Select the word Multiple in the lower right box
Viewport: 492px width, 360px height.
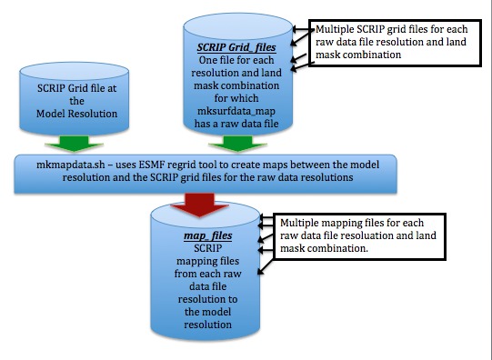(x=303, y=222)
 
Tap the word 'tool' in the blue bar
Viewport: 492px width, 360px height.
(x=218, y=162)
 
